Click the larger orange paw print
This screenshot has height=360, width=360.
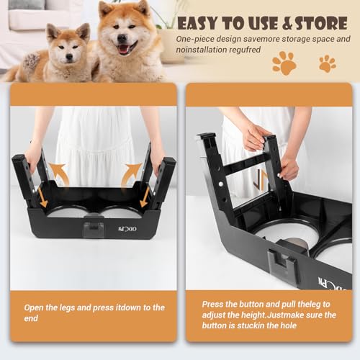pyautogui.click(x=284, y=63)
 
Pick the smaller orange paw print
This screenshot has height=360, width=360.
pyautogui.click(x=328, y=63)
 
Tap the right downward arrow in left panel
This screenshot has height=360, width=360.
pyautogui.click(x=145, y=196)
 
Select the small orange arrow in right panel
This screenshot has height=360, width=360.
pyautogui.click(x=264, y=179)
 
